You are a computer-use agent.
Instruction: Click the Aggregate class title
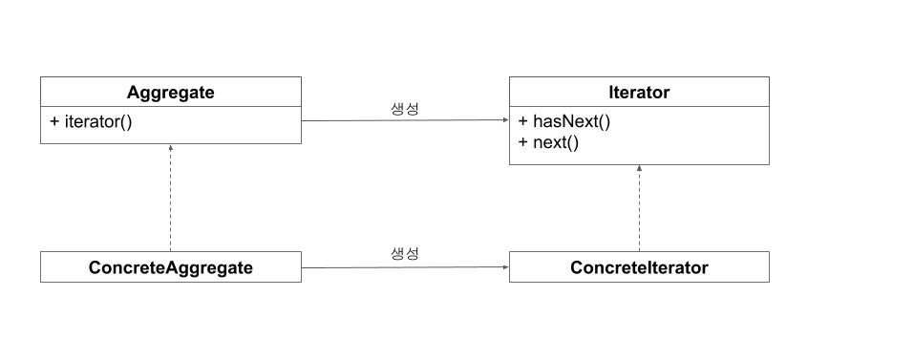pyautogui.click(x=171, y=93)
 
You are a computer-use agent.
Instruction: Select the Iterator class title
pyautogui.click(x=639, y=92)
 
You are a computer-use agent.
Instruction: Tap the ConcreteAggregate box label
pyautogui.click(x=171, y=267)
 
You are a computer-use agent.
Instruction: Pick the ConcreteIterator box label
pyautogui.click(x=639, y=267)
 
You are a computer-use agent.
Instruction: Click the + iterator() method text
pyautogui.click(x=92, y=121)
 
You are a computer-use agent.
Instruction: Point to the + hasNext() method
pyautogui.click(x=564, y=121)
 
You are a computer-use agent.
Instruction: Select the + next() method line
pyautogui.click(x=548, y=142)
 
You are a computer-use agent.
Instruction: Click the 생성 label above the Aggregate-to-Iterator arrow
pyautogui.click(x=405, y=108)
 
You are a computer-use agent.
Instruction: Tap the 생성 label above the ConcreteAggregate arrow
pyautogui.click(x=405, y=253)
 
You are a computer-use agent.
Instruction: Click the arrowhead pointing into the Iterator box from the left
pyautogui.click(x=506, y=120)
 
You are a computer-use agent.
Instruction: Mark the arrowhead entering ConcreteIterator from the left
pyautogui.click(x=506, y=267)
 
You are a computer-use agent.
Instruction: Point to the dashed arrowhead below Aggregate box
pyautogui.click(x=170, y=147)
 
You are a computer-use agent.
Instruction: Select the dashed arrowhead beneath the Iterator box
pyautogui.click(x=640, y=168)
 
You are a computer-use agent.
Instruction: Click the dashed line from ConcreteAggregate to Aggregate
pyautogui.click(x=170, y=198)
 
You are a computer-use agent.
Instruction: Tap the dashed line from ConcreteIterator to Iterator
pyautogui.click(x=640, y=208)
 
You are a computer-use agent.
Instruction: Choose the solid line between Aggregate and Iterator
pyautogui.click(x=405, y=120)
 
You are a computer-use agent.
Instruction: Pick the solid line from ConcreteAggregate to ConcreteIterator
pyautogui.click(x=405, y=268)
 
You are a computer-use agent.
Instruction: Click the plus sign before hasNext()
pyautogui.click(x=522, y=121)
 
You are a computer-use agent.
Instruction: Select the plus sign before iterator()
pyautogui.click(x=54, y=121)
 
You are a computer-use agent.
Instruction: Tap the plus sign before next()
pyautogui.click(x=522, y=142)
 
